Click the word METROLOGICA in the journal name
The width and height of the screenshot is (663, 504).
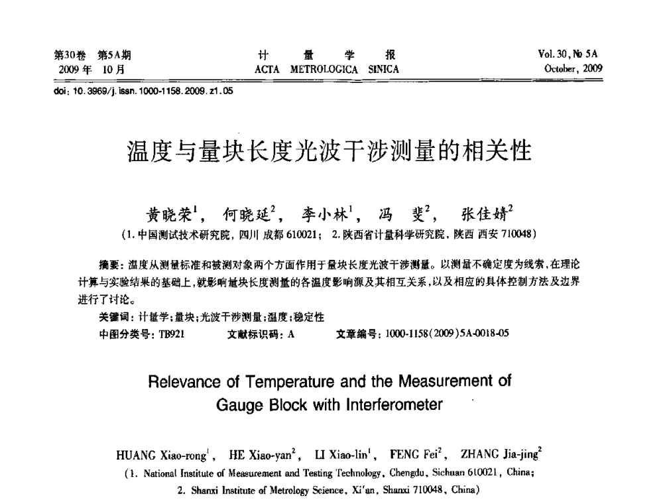[326, 70]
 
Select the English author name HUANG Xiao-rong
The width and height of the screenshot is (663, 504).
[156, 456]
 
